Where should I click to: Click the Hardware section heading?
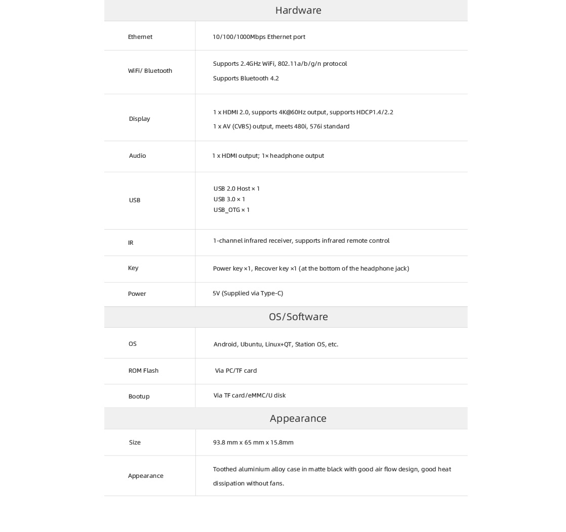tap(298, 10)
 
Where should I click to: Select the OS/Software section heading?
tap(298, 317)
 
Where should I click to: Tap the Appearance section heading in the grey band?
tap(298, 418)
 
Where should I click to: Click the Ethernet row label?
tap(140, 37)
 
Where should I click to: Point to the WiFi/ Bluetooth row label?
tap(150, 71)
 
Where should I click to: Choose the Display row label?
tap(139, 119)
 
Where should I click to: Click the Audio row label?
tap(137, 156)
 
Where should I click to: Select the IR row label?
tap(131, 243)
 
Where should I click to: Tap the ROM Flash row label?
tap(143, 371)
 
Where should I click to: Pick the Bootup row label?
tap(139, 396)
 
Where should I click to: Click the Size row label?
tap(135, 442)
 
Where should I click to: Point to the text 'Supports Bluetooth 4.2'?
tap(246, 78)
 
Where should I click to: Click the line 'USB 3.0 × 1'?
tap(229, 199)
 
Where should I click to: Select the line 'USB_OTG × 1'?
tap(231, 210)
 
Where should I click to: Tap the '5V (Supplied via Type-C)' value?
tap(248, 293)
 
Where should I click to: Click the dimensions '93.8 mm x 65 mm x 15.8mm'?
tap(253, 442)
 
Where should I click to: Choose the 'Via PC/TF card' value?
tap(236, 371)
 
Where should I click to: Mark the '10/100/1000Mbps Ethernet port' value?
tap(259, 37)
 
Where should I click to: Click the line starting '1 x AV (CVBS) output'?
tap(281, 126)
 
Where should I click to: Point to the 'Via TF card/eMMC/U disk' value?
tap(250, 395)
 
